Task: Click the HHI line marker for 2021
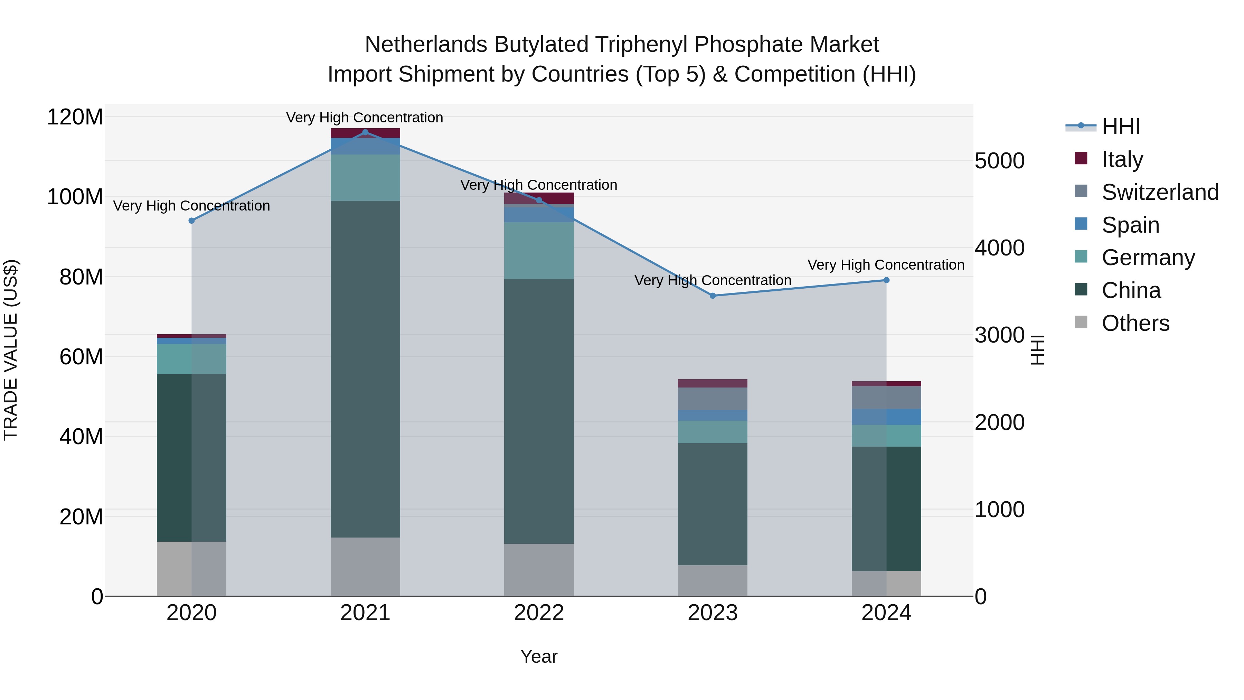coord(365,132)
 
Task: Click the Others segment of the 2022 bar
coord(539,570)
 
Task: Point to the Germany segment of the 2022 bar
coord(539,250)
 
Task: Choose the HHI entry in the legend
coord(1120,127)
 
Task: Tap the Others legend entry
coord(1135,323)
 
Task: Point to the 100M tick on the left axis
coord(75,197)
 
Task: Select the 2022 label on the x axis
coord(539,613)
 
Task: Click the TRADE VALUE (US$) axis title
coord(11,350)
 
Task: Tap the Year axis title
coord(539,656)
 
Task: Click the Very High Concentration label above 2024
coord(886,265)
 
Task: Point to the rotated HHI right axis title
coord(1037,350)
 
